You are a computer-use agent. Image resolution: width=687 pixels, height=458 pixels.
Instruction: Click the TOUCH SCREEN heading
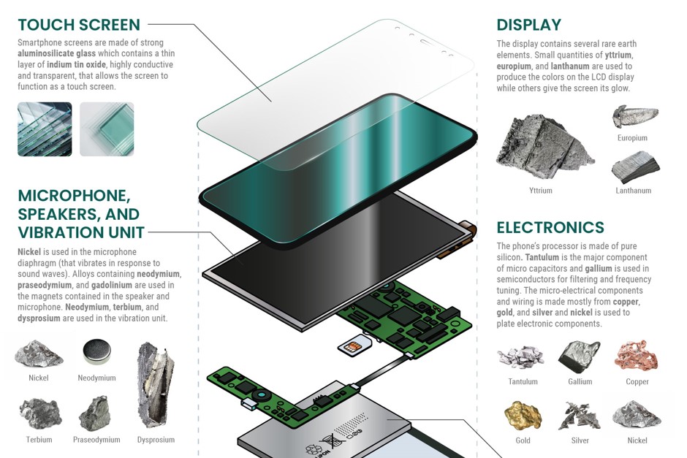click(79, 26)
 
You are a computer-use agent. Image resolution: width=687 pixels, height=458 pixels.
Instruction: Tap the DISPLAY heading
click(528, 26)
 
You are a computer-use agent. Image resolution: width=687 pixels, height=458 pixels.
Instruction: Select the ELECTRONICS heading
click(550, 227)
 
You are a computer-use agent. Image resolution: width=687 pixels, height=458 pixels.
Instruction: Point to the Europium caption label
click(632, 137)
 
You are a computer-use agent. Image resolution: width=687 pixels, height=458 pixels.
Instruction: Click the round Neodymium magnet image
click(96, 352)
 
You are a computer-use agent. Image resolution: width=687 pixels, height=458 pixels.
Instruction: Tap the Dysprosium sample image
click(156, 383)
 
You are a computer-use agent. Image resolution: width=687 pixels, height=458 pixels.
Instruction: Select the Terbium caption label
click(39, 440)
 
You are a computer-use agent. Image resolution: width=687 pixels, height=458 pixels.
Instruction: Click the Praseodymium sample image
click(96, 414)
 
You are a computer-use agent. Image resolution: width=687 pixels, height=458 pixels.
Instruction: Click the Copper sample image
click(637, 357)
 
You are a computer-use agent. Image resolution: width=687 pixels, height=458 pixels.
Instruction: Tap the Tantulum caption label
click(523, 381)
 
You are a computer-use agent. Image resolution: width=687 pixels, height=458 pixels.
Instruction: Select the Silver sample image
click(580, 416)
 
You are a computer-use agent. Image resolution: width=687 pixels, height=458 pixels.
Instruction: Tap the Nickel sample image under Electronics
click(637, 415)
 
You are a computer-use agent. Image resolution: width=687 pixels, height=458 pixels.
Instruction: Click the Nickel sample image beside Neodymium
click(39, 354)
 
